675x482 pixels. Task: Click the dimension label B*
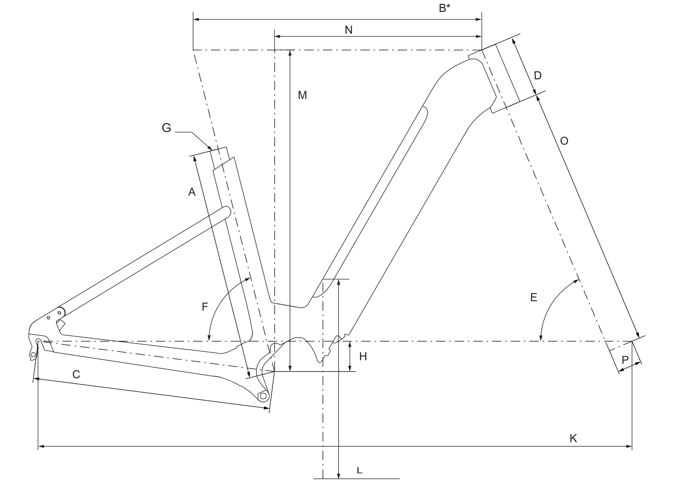[444, 8]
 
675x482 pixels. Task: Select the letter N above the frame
[348, 30]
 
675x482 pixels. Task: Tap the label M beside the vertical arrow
[302, 95]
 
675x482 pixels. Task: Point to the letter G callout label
[166, 128]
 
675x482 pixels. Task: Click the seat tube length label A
[192, 192]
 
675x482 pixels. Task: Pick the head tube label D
[538, 75]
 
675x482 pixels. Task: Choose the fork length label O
[564, 141]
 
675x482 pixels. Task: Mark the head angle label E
[533, 297]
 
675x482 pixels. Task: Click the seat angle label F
[205, 307]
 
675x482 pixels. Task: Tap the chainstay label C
[76, 374]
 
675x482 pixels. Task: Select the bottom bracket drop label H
[363, 356]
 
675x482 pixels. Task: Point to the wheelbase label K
[573, 438]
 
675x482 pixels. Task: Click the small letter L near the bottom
[359, 470]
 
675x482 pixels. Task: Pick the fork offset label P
[625, 360]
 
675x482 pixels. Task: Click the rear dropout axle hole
[38, 341]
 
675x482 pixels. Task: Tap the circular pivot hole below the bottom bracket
[263, 396]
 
